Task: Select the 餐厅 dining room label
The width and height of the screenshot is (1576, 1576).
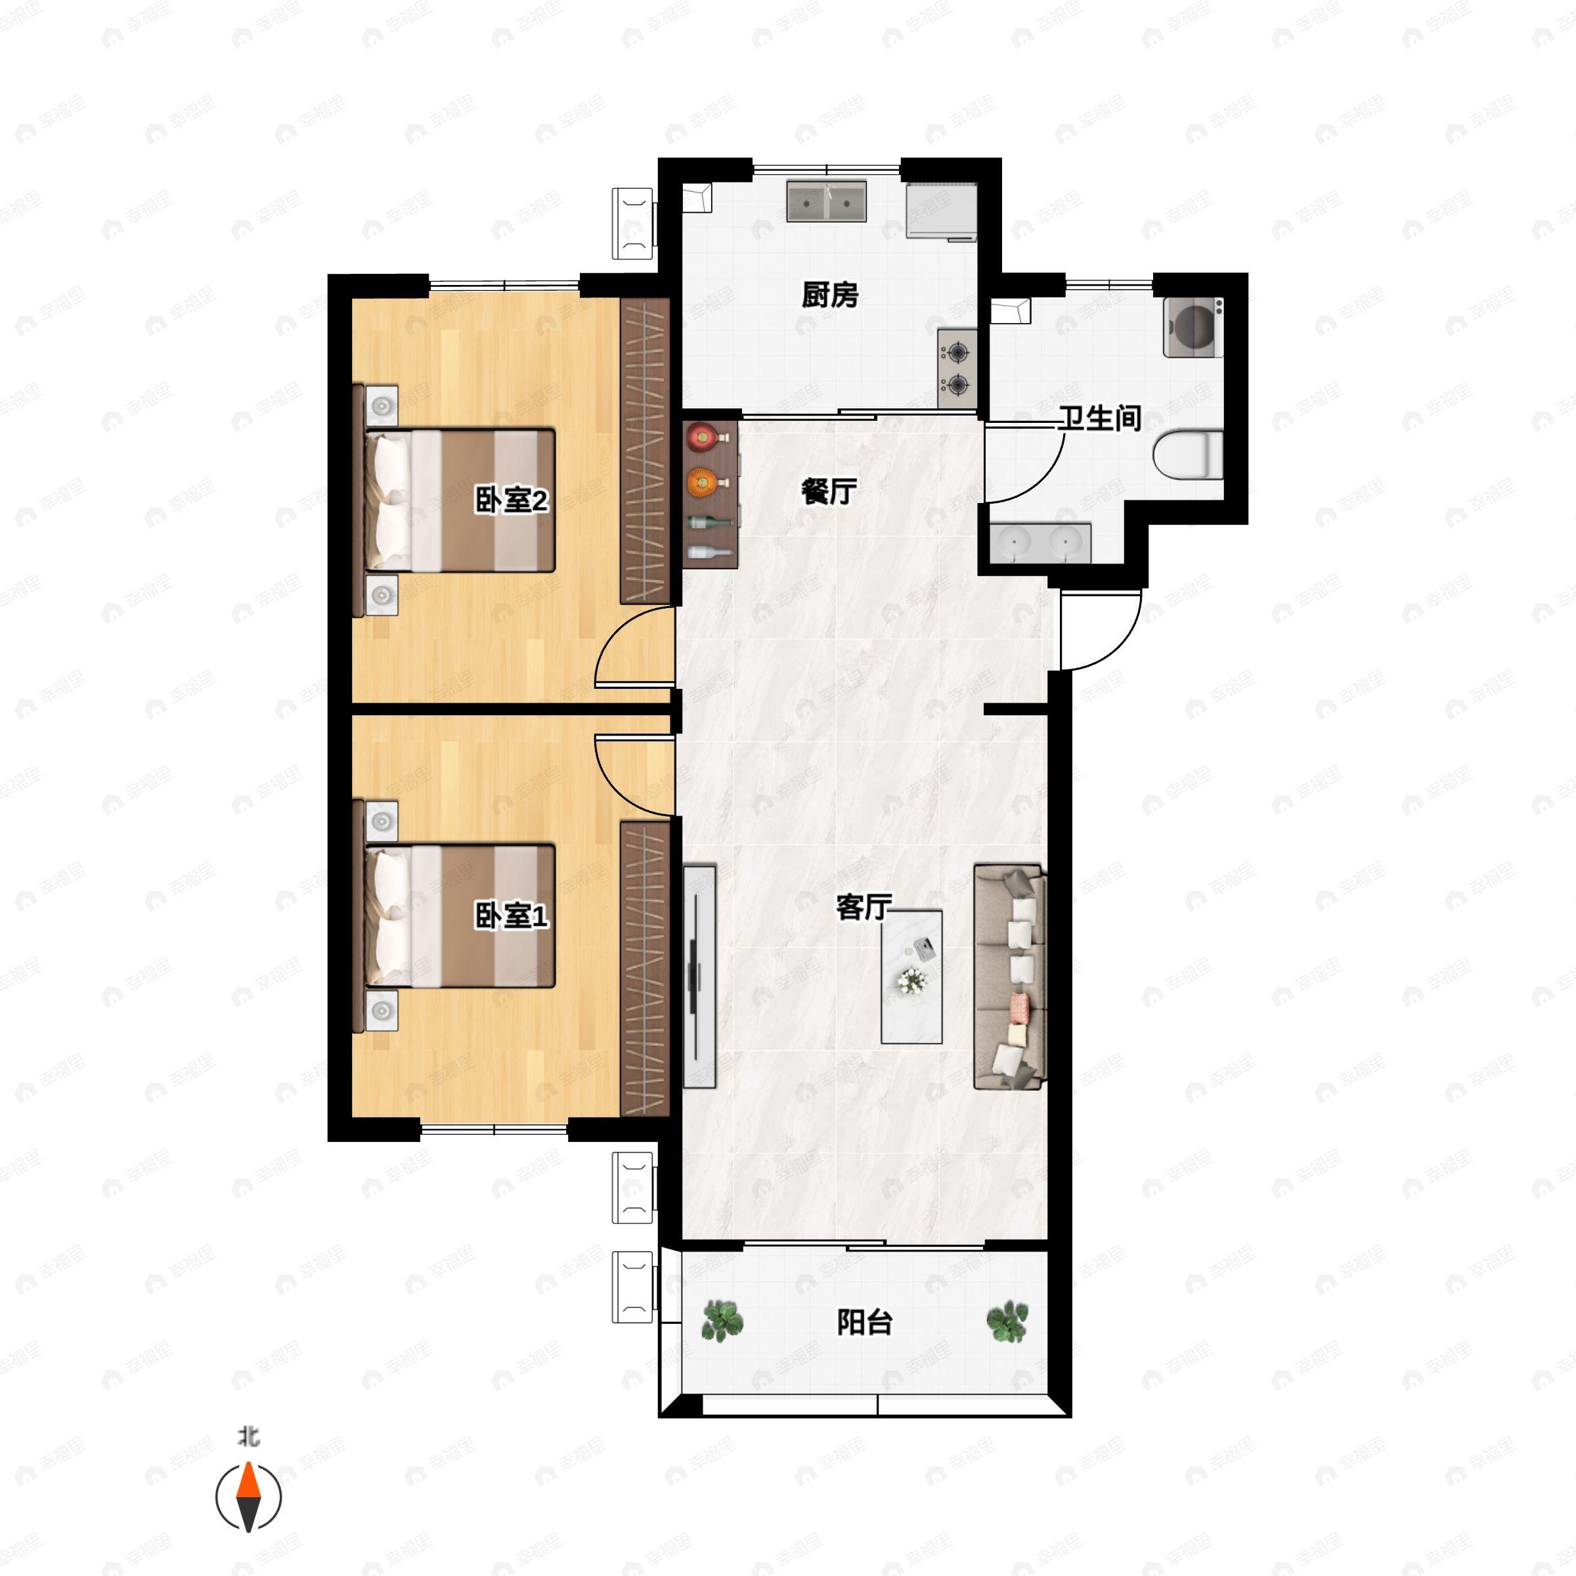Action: click(829, 491)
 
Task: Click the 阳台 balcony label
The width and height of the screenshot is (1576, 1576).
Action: click(865, 1321)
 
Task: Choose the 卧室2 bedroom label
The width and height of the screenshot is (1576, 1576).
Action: click(512, 500)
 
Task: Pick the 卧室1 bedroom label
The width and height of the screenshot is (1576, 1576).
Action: click(512, 915)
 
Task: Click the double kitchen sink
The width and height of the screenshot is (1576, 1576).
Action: click(826, 202)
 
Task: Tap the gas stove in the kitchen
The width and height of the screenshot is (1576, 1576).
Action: click(957, 368)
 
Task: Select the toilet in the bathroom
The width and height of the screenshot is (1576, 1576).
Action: click(1189, 454)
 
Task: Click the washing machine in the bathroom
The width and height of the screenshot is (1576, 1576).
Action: click(1193, 327)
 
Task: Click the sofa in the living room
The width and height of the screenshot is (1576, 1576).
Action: click(1010, 976)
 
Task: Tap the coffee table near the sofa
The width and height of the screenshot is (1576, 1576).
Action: click(911, 976)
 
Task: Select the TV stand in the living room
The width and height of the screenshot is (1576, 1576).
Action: click(699, 976)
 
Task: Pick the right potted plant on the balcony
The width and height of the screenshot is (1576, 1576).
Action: click(1007, 1321)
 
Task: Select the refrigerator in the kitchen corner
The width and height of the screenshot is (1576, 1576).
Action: click(942, 212)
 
